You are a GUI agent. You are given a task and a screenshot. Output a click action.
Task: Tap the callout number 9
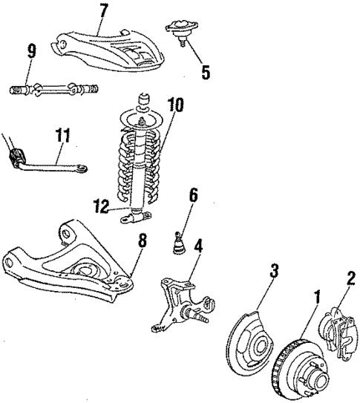(31, 52)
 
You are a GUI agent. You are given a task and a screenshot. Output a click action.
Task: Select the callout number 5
(205, 73)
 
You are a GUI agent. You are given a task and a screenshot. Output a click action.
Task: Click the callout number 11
(65, 135)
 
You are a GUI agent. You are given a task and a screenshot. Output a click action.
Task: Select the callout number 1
(316, 298)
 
